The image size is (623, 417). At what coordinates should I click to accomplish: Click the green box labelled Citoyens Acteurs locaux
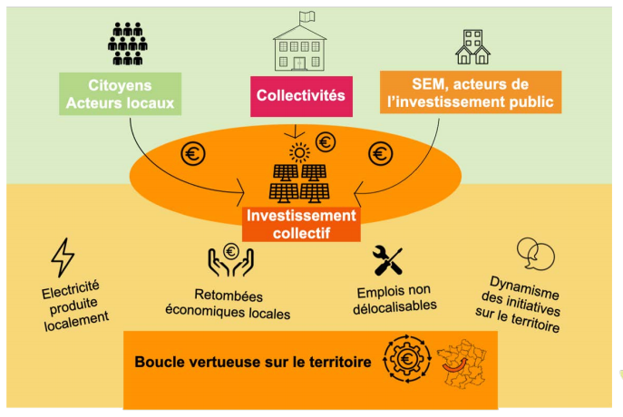pos(120,93)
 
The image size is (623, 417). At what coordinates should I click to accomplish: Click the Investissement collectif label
pos(301,223)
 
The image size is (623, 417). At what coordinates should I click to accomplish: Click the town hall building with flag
pos(300,42)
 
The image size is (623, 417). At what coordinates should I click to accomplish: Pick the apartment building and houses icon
pos(472,47)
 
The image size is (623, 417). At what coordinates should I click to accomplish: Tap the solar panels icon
pos(299,182)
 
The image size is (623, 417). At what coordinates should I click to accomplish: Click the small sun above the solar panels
pos(298,149)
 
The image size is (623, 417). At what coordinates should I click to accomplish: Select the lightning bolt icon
pos(63,257)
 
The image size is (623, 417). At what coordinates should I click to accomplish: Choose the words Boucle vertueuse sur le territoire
pos(252,362)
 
